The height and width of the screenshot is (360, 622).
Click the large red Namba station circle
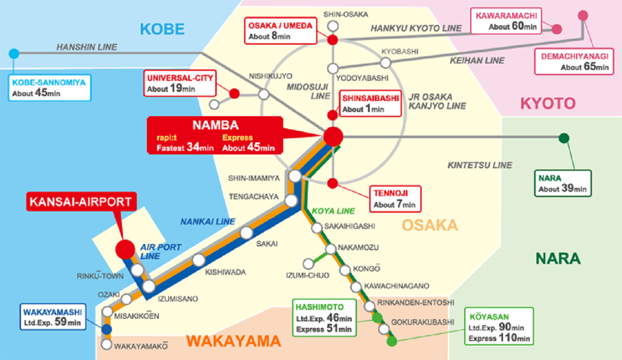[333, 137]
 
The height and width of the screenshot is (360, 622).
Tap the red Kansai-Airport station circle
[125, 249]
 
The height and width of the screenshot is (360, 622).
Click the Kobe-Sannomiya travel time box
[49, 88]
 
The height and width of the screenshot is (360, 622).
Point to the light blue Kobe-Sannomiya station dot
[14, 53]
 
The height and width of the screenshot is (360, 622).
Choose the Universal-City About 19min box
[180, 83]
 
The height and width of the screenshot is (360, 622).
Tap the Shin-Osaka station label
[346, 15]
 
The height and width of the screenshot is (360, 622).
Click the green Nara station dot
[564, 138]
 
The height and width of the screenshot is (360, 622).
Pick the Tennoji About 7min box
[394, 199]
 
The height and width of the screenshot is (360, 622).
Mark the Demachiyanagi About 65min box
[574, 62]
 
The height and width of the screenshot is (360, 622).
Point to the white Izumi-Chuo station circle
[308, 264]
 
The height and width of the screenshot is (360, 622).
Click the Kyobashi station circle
[385, 63]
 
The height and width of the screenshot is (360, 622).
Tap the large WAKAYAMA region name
[233, 341]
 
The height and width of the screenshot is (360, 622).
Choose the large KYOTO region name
[548, 103]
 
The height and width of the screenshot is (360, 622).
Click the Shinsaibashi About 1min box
[371, 103]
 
